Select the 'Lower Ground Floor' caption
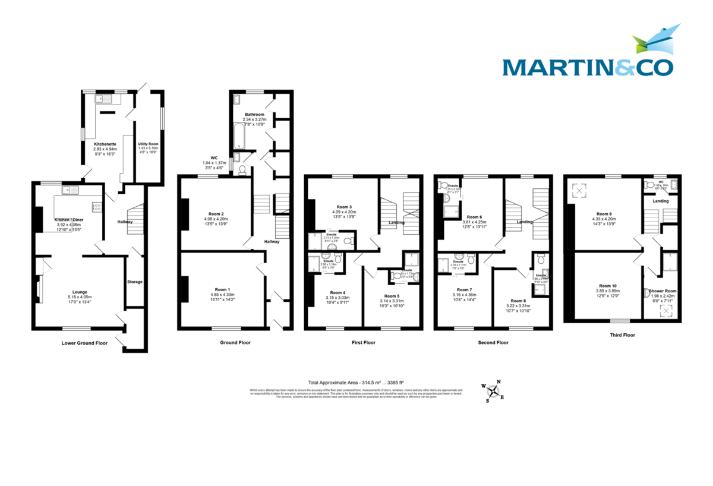pyautogui.click(x=85, y=343)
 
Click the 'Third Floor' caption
pyautogui.click(x=622, y=335)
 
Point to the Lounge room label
pyautogui.click(x=80, y=292)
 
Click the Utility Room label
pyautogui.click(x=149, y=144)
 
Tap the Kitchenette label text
pyautogui.click(x=105, y=144)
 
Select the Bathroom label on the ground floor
pyautogui.click(x=254, y=113)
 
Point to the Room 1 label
pyautogui.click(x=220, y=289)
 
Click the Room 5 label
pyautogui.click(x=392, y=295)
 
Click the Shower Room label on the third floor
pyautogui.click(x=662, y=291)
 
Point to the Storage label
pyautogui.click(x=135, y=281)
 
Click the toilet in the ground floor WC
pyautogui.click(x=242, y=170)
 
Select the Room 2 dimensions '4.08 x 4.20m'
pyautogui.click(x=216, y=219)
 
